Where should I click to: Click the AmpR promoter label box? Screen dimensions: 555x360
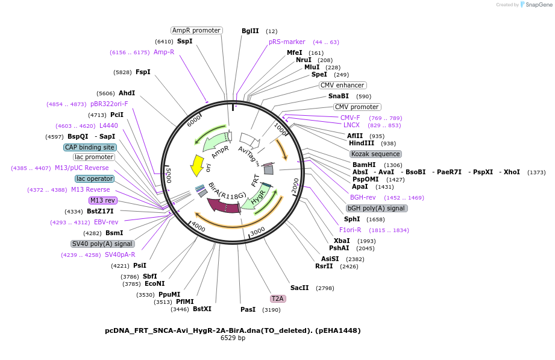pos(196,30)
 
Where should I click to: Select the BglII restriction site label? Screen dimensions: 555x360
pos(250,31)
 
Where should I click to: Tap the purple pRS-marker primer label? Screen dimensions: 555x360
pos(287,42)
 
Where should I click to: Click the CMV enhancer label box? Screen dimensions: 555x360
pos(342,85)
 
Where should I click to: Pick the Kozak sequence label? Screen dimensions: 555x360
pos(375,154)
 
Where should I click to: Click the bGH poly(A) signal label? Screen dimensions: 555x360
pos(377,208)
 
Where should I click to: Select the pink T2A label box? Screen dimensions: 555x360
pos(277,298)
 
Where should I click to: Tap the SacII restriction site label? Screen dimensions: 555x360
pos(299,288)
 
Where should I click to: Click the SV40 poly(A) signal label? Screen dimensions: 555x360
pos(102,244)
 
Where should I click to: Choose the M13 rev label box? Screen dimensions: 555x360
pos(102,200)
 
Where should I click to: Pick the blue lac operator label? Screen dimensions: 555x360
pos(94,178)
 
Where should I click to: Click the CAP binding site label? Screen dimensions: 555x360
pos(90,147)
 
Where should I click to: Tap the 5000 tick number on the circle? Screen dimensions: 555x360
pos(169,175)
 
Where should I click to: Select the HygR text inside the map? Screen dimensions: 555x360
pos(258,197)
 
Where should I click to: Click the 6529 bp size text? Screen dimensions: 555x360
pos(232,338)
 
